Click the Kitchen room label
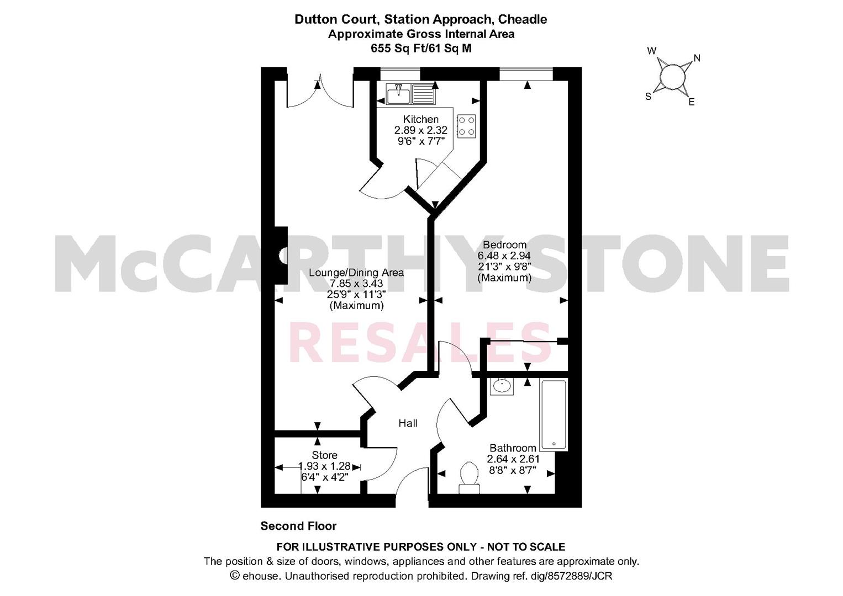pos(421,120)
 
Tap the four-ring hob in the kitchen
pos(466,126)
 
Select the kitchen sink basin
pos(398,94)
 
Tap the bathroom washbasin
pos(502,386)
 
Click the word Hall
pos(408,423)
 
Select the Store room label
pos(324,455)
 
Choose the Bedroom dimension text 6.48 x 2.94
pos(504,256)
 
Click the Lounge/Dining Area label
pos(356,272)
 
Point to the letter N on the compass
pos(697,58)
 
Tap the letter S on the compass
pos(648,97)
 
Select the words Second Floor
pos(298,526)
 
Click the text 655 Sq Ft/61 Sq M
pos(421,49)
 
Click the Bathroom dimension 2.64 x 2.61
pos(513,459)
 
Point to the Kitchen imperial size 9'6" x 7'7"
pos(421,141)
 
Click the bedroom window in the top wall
pos(526,74)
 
